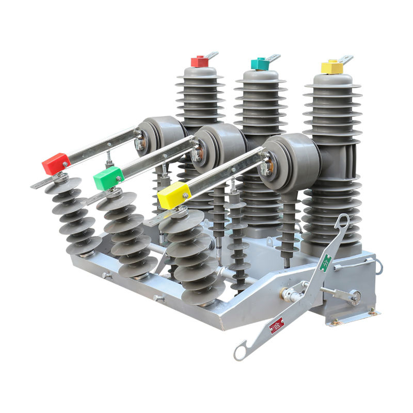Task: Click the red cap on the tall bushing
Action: click(x=199, y=62)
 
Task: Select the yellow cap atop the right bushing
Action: click(x=332, y=67)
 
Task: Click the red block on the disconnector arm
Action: click(x=55, y=164)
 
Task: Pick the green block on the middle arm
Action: click(x=108, y=179)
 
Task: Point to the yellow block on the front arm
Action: click(x=174, y=195)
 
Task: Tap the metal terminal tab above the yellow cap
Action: click(x=345, y=59)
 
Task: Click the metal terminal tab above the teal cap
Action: click(x=273, y=57)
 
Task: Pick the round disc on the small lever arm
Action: click(x=355, y=296)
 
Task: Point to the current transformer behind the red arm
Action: click(x=161, y=135)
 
